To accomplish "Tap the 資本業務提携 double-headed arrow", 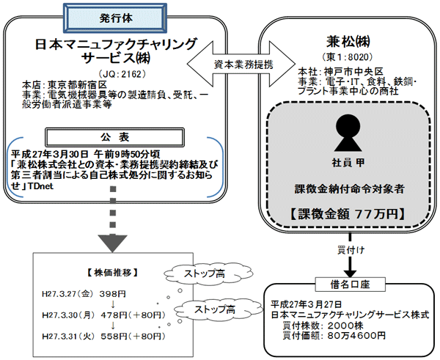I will pos(233,64).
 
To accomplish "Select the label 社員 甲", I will pos(345,160).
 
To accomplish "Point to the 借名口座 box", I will pos(344,282).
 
